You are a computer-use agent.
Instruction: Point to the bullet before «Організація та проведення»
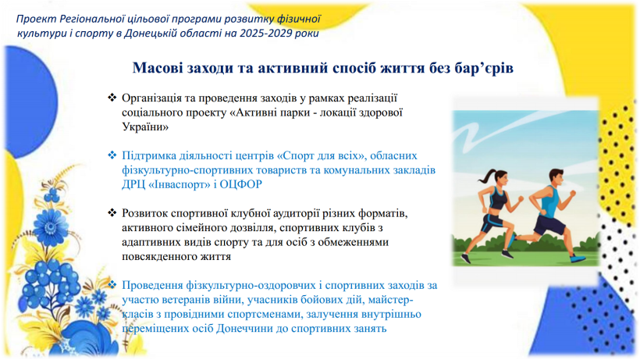tap(112, 98)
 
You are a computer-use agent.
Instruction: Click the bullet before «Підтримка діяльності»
tap(112, 155)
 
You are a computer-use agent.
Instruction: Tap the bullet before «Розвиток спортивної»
tap(112, 213)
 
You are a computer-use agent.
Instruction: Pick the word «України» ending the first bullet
tap(145, 127)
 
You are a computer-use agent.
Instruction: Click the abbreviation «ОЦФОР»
tap(241, 184)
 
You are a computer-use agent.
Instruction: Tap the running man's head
tap(556, 176)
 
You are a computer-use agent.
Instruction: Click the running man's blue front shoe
tap(578, 258)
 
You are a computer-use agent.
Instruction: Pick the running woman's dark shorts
tap(492, 223)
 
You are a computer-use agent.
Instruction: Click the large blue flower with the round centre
tap(50, 227)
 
